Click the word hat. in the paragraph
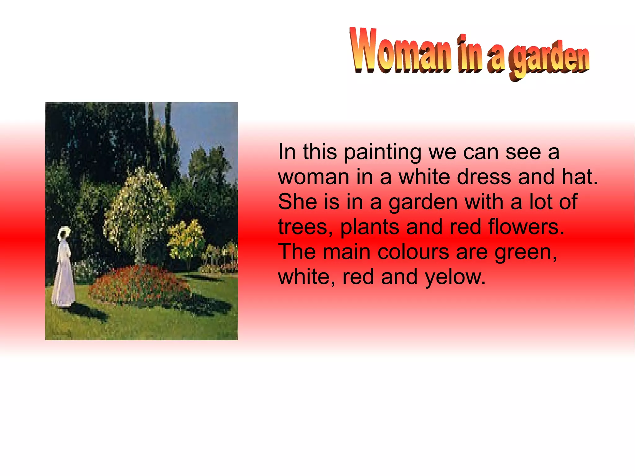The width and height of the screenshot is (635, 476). [579, 177]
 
